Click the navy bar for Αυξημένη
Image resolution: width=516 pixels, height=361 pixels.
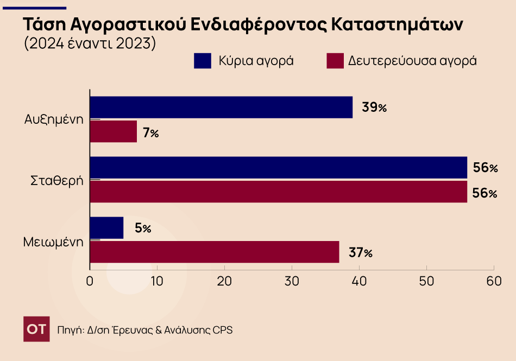(x=221, y=107)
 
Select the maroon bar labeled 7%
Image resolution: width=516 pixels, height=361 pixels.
(x=113, y=131)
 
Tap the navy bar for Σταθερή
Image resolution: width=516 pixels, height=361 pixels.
(x=278, y=168)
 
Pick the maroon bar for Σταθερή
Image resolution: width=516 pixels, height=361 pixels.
(x=278, y=192)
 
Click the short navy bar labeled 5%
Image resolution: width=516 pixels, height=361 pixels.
(x=106, y=228)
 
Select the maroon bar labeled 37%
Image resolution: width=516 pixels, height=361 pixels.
(x=214, y=252)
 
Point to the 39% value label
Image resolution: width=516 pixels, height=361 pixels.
(x=374, y=107)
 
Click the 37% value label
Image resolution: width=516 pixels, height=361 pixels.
(x=361, y=252)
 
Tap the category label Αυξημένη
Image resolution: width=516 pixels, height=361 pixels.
(x=54, y=119)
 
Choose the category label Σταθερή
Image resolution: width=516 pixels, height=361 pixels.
(x=56, y=180)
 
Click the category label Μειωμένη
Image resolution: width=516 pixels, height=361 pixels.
(x=53, y=241)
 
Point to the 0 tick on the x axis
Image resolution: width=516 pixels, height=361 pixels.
(x=90, y=281)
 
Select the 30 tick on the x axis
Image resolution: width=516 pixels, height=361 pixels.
(x=292, y=281)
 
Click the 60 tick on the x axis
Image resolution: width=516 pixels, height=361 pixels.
(x=494, y=281)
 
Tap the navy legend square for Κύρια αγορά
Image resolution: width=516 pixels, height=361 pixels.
(x=202, y=61)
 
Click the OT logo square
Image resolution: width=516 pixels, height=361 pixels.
(x=36, y=329)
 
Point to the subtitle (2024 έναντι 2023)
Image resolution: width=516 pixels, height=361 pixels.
(x=90, y=43)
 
